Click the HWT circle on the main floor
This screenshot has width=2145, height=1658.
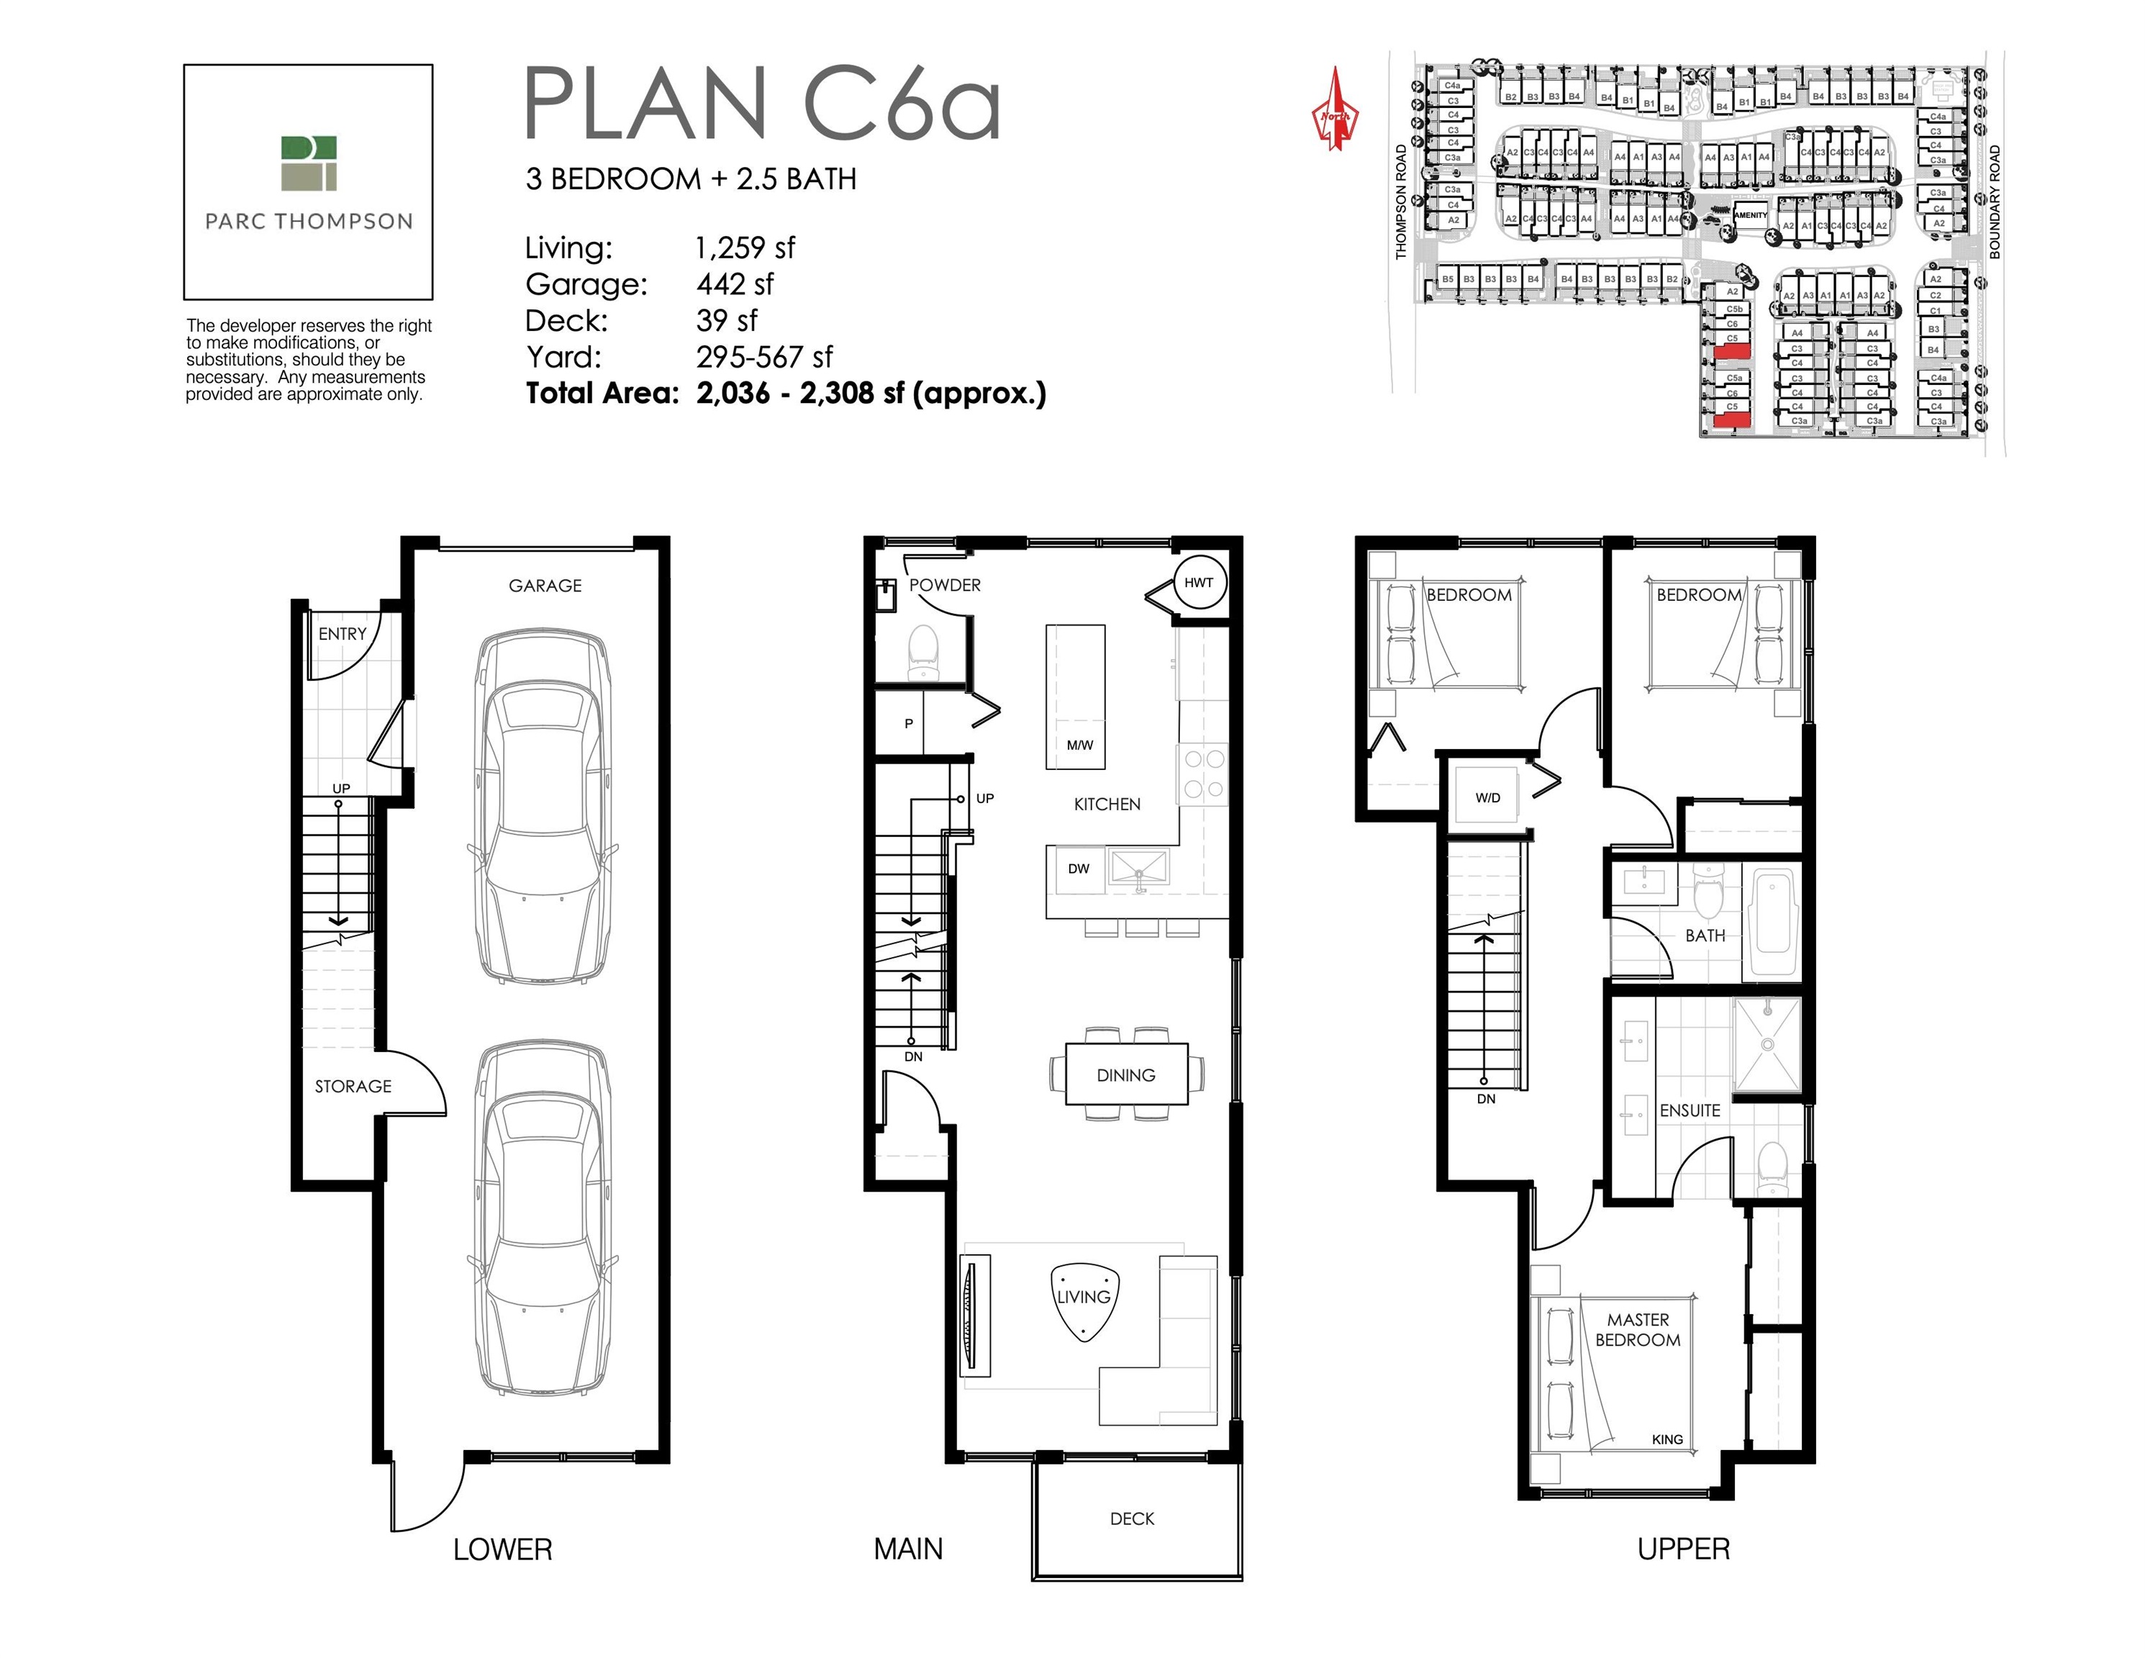point(1198,582)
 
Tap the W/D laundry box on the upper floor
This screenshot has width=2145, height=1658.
point(1487,797)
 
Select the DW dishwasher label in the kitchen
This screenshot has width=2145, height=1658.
point(1079,869)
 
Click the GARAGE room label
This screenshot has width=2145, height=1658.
point(545,585)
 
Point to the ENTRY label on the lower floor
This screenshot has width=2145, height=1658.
point(342,633)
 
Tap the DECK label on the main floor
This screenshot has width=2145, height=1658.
point(1131,1518)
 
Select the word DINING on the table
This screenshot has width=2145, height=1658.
point(1125,1074)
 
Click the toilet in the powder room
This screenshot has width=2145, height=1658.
point(923,651)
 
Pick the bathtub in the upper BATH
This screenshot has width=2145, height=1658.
point(1774,920)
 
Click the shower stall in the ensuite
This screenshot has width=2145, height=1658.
point(1767,1044)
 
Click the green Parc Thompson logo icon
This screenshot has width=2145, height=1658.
point(309,163)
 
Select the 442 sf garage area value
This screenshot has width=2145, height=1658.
point(735,284)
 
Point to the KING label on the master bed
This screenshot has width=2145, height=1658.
point(1666,1439)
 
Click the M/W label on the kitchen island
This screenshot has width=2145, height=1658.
point(1079,745)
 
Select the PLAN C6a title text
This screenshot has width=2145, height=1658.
point(762,103)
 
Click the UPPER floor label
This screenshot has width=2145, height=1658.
point(1683,1549)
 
